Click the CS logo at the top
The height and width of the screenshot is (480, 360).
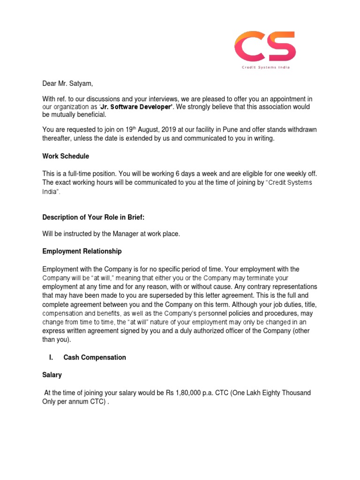(x=265, y=47)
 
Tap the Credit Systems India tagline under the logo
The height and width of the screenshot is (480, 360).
(x=265, y=67)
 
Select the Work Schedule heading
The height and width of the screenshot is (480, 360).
(x=66, y=156)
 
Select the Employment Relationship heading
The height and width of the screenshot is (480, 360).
(x=82, y=251)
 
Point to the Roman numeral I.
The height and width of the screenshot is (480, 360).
(x=51, y=357)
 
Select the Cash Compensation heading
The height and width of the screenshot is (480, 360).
(x=95, y=357)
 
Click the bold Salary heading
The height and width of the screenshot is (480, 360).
(x=52, y=376)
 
